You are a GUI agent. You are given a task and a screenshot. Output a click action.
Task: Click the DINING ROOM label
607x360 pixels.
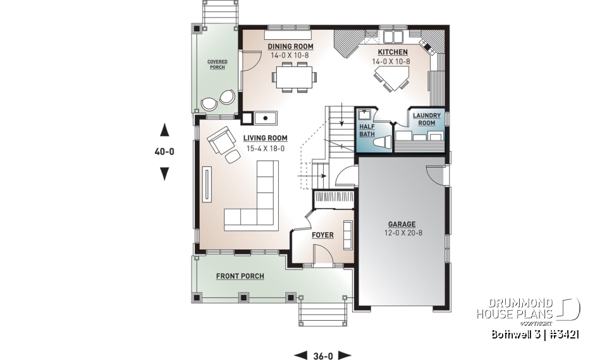(x=290, y=46)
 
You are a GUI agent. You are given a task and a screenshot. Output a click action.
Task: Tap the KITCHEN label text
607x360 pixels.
(x=393, y=52)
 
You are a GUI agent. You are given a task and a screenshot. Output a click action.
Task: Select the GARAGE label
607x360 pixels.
(x=402, y=224)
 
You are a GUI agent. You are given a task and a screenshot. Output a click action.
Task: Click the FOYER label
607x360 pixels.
(x=322, y=235)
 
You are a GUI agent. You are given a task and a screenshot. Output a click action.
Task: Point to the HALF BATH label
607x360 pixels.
(x=367, y=130)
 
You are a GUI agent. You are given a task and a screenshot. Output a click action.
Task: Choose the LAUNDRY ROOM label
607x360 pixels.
(x=427, y=119)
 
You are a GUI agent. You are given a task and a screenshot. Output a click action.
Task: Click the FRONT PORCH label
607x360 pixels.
(x=240, y=276)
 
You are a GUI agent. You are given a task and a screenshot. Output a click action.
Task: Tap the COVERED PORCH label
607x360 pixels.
(x=217, y=65)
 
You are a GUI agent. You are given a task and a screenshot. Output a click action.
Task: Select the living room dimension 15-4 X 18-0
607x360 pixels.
(x=264, y=148)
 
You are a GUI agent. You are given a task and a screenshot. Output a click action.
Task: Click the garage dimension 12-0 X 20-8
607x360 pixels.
(x=402, y=233)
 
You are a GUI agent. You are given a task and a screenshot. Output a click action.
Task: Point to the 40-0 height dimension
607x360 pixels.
(x=164, y=152)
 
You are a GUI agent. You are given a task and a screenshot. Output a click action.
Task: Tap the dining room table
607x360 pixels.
(x=295, y=78)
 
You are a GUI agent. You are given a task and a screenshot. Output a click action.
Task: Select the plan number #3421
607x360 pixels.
(x=563, y=333)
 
